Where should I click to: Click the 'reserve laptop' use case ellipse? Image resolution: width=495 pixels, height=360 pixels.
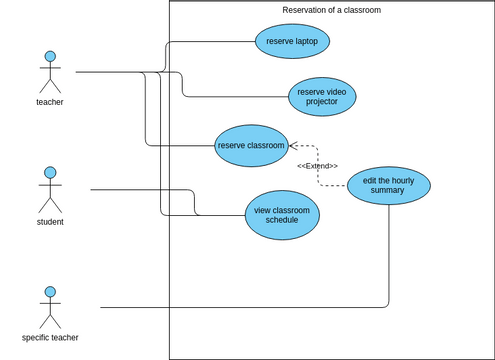point(292,42)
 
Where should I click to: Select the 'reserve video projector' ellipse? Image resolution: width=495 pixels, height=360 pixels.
point(322,96)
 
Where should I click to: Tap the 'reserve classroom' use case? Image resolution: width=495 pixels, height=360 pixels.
point(252,145)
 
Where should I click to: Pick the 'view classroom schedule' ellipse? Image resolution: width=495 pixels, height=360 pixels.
point(282,216)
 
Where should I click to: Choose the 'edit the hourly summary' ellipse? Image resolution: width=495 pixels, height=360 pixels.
point(388,186)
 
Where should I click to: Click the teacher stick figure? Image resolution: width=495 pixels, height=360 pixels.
point(50,72)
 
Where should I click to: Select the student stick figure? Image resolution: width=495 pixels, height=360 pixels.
point(50,190)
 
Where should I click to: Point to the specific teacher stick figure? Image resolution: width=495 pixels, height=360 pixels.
point(50,308)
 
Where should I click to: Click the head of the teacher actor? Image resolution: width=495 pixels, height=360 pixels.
point(50,56)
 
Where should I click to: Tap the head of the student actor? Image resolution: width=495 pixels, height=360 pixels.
point(50,173)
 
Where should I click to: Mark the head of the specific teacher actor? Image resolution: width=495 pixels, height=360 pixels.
point(50,292)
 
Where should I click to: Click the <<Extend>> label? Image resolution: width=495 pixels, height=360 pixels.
point(317,166)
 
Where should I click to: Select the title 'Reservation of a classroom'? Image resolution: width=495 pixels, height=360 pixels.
point(331,10)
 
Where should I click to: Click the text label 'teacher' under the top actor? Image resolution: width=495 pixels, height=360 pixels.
point(50,102)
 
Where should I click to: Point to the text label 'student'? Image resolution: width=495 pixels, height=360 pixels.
point(50,221)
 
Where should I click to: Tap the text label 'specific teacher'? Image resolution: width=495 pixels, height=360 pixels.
point(50,338)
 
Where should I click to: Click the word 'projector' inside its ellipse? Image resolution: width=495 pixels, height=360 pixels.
point(322,102)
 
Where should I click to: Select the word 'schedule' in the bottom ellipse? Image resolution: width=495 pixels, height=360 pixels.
point(282,221)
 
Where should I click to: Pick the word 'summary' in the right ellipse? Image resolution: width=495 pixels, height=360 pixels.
point(388,191)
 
